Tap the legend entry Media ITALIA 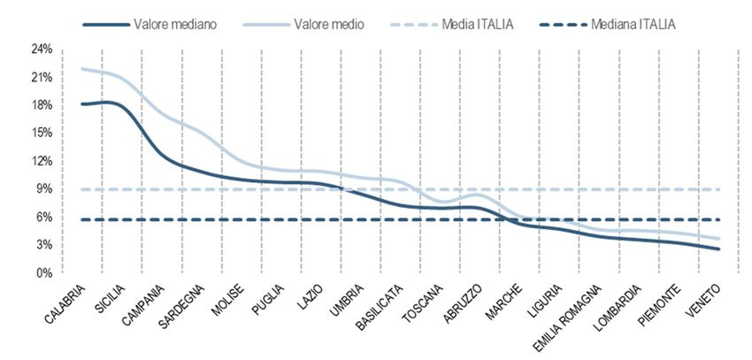481,25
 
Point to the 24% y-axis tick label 42,50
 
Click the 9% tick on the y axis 45,189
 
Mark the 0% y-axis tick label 45,272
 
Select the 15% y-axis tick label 42,134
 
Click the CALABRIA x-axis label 66,302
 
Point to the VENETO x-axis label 705,299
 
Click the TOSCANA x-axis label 422,301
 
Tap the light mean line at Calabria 81,68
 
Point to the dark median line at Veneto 719,249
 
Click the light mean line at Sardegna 183,125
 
